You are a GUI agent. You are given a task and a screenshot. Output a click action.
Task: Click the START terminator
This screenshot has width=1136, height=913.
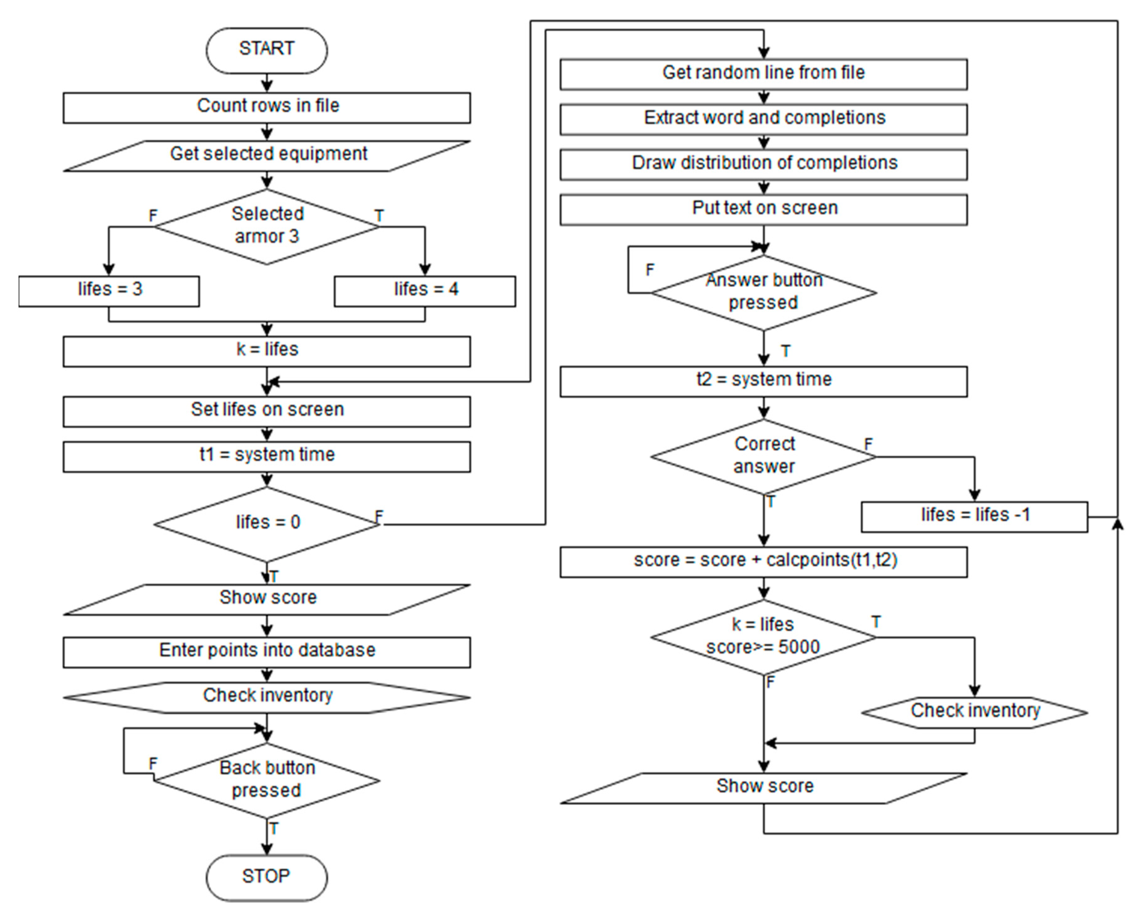tap(266, 50)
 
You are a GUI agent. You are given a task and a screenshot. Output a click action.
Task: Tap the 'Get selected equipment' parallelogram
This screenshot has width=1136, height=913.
tap(267, 155)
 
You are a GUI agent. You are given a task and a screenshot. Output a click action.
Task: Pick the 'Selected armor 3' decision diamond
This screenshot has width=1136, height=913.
tap(267, 227)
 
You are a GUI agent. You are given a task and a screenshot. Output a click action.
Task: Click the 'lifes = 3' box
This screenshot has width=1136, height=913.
tap(109, 291)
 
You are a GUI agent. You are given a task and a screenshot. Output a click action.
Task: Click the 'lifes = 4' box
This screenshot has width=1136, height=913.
tap(425, 291)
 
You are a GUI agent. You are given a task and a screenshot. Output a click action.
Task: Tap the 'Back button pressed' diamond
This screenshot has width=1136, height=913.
tap(267, 780)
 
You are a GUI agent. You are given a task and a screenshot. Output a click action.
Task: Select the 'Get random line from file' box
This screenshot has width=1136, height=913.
tap(764, 74)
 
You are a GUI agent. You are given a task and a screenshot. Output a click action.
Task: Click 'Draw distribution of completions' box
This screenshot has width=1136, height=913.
tap(764, 164)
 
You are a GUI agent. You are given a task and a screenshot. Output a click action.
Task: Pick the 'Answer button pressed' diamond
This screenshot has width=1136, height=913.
tap(764, 292)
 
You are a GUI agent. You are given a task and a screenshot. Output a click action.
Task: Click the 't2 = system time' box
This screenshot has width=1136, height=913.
tap(764, 381)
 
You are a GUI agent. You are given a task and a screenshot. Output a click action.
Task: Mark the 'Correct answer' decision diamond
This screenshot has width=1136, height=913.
tap(764, 456)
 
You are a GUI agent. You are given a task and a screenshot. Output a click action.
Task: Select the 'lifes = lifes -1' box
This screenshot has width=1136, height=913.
tap(974, 516)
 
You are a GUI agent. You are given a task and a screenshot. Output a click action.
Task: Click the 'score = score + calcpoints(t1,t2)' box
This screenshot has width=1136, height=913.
tap(764, 561)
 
